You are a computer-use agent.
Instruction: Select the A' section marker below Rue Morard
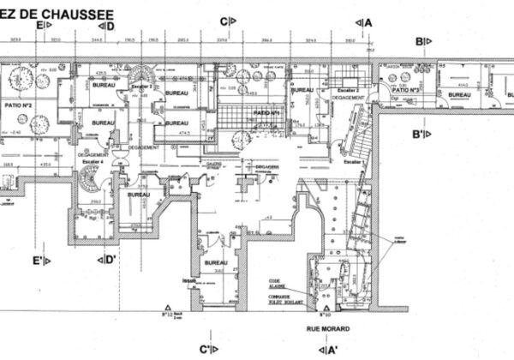tap(332, 349)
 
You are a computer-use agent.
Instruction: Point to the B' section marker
tap(422, 134)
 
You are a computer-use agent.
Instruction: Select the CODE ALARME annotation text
tap(277, 284)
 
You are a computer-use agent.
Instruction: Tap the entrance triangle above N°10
tap(326, 307)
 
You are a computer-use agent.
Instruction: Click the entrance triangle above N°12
tap(169, 307)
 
